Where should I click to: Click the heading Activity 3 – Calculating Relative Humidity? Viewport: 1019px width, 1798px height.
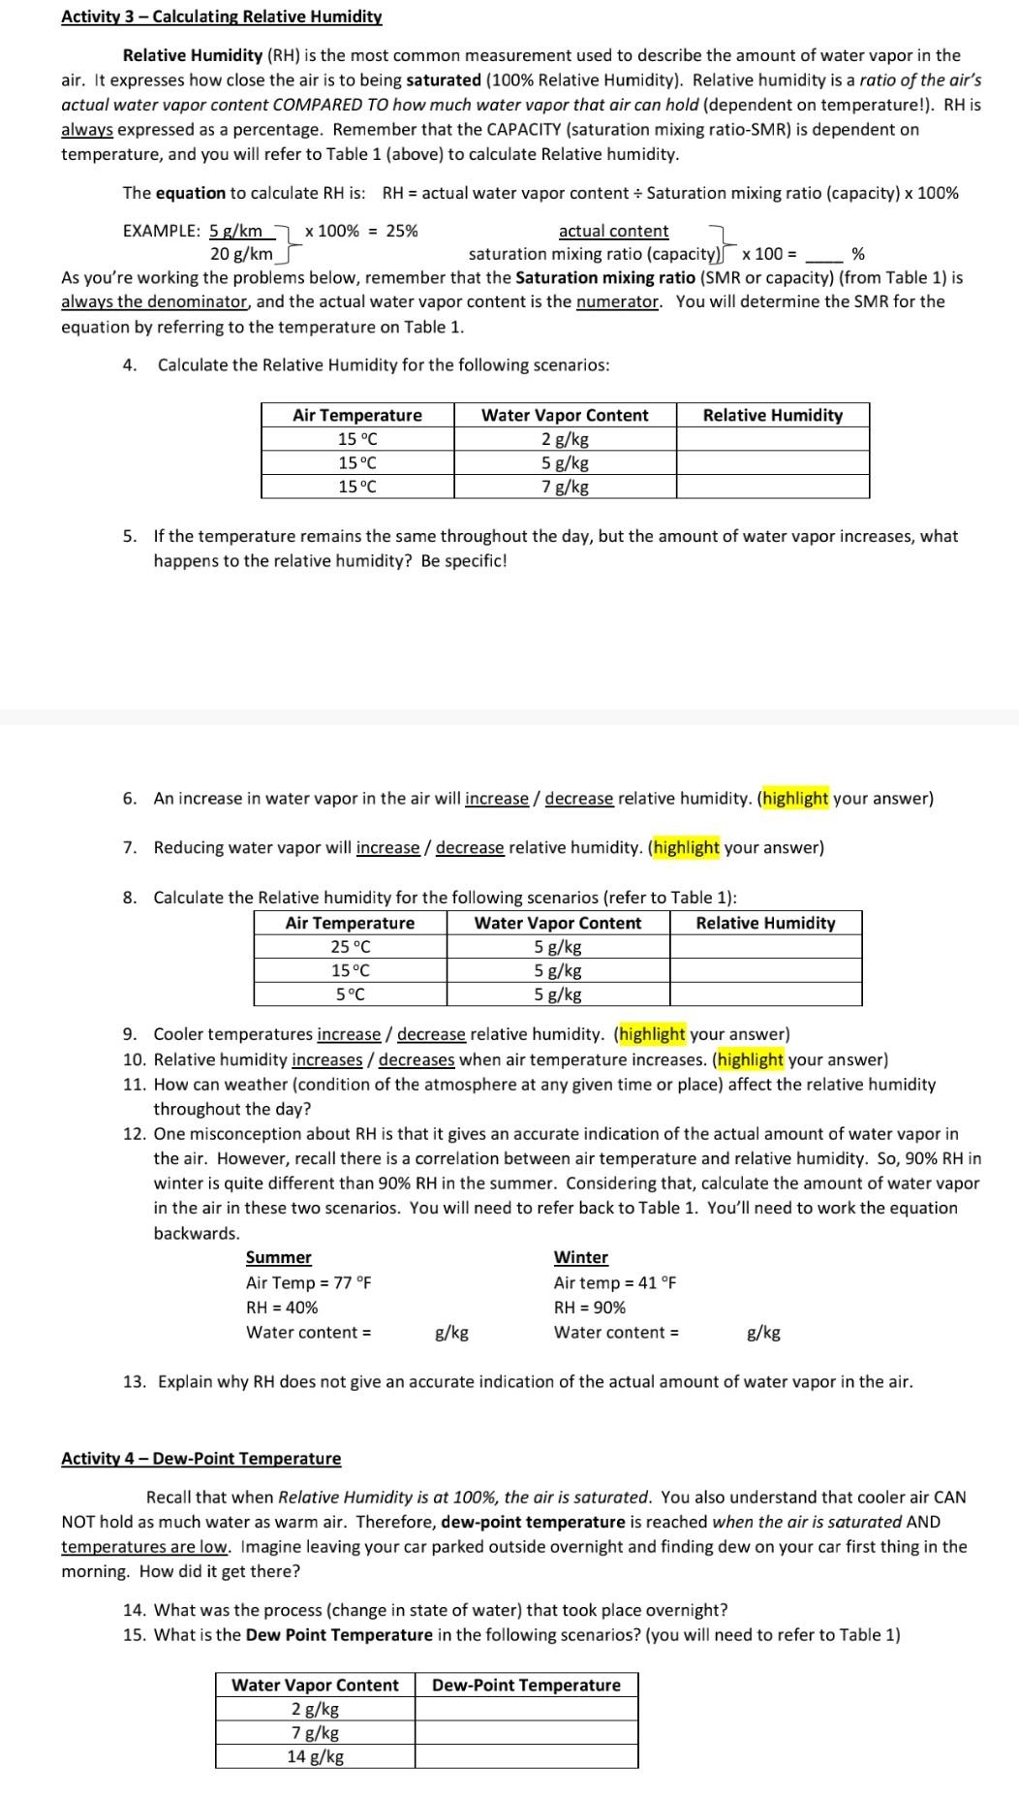click(221, 16)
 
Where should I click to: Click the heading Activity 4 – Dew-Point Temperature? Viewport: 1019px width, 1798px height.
click(201, 1458)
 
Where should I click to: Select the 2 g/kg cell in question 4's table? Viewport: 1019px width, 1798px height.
click(565, 439)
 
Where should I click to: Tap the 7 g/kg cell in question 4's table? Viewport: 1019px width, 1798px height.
click(565, 487)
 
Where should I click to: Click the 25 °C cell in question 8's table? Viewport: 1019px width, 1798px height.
click(350, 947)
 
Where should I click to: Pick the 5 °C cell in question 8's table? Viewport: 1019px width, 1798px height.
click(350, 994)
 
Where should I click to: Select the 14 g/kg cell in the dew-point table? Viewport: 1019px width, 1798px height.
click(315, 1756)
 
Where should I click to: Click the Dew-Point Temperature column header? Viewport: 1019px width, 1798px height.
click(526, 1685)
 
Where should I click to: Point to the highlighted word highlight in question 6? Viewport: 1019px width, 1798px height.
click(794, 799)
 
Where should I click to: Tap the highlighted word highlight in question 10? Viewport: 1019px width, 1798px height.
click(750, 1059)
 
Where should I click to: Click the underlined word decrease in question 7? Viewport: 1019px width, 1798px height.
click(470, 847)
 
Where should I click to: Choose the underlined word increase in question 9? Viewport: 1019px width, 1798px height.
click(349, 1034)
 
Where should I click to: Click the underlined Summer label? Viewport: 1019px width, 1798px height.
click(279, 1257)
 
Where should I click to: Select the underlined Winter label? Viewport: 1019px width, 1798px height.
click(580, 1257)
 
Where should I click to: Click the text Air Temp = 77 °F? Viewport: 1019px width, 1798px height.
click(308, 1282)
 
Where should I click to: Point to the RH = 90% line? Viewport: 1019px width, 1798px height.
click(589, 1307)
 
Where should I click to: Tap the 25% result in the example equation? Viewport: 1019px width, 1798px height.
click(402, 231)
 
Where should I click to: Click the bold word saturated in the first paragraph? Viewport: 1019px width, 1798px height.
click(444, 80)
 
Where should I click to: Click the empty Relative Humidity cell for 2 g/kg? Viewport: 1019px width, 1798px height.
click(772, 439)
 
